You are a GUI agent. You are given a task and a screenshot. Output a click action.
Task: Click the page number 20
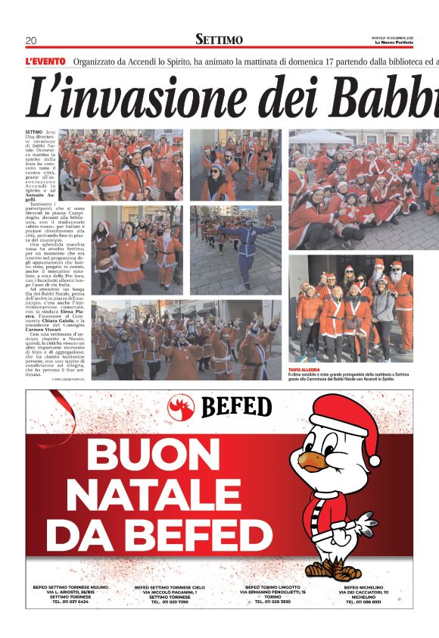pos(31,40)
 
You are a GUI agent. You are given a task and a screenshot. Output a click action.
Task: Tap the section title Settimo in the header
pos(219,39)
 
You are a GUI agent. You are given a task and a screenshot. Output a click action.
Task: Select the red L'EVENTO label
pos(46,61)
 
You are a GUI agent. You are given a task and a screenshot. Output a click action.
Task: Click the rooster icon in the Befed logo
pos(182,407)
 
